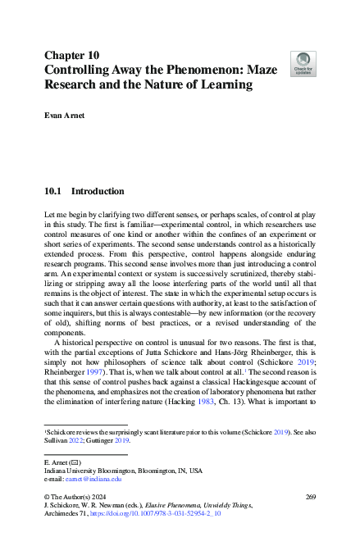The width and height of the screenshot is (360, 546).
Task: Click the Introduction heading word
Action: (98, 192)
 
